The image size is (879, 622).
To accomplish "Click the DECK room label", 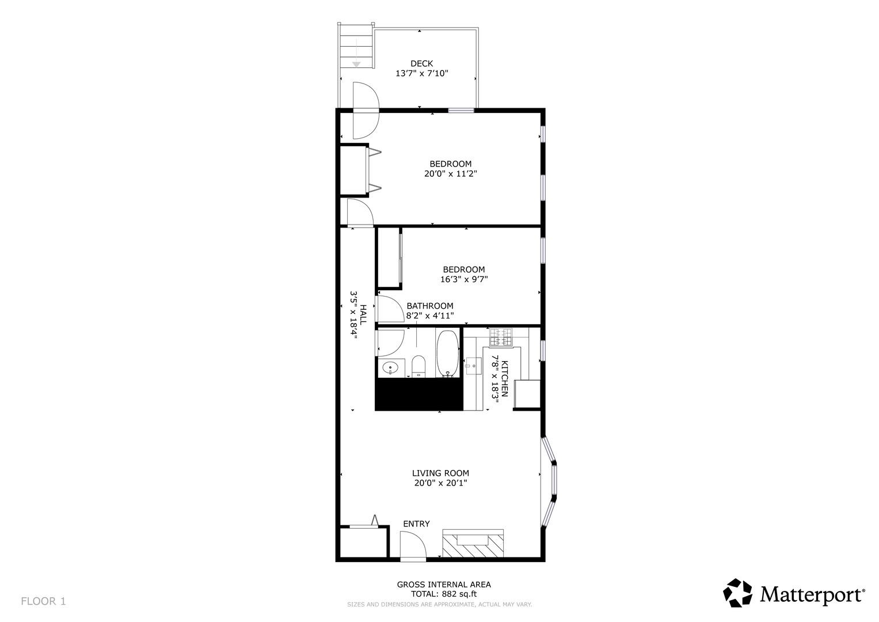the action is pos(421,63).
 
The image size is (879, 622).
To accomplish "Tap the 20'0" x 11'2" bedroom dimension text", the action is pos(451,173).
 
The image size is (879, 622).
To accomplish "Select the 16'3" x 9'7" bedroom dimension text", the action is pos(464,279).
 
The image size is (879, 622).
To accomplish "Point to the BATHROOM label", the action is pos(429,305).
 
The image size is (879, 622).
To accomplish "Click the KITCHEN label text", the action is pos(505,378).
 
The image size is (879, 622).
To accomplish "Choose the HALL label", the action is pos(363,314).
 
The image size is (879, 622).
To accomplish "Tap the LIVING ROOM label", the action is pos(440,473).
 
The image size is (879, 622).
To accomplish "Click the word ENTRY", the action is pos(416,524).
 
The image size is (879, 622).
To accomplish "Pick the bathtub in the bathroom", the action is pos(447,354).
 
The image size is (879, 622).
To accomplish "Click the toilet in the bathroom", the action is pos(418,366).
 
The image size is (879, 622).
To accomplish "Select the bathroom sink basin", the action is pos(390,368).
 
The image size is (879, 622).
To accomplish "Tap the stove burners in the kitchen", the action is pos(501,337).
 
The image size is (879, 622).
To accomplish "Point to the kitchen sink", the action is pos(474,366).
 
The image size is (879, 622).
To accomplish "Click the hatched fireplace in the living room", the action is pos(473,543).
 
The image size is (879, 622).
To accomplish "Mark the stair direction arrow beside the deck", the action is pos(356,53).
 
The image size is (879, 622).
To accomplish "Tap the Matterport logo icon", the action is pos(738,593).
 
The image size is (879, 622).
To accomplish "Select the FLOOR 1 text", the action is pos(43,601).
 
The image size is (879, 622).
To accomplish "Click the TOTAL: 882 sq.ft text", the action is pos(444,594).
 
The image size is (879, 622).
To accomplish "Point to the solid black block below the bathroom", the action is pos(418,395).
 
